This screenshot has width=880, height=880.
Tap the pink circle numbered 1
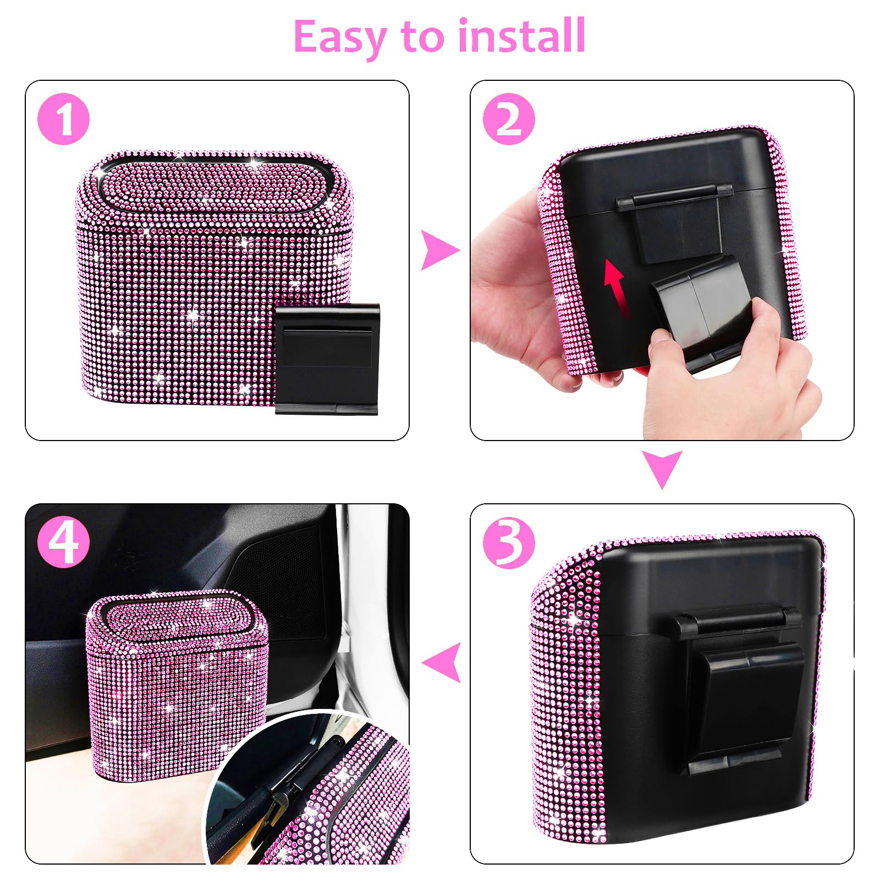[63, 119]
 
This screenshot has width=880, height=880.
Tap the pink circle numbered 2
[509, 119]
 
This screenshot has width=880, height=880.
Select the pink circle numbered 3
[509, 542]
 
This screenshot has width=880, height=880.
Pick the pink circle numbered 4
[63, 542]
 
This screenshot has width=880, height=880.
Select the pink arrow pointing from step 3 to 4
[442, 662]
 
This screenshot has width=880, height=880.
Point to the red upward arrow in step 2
[615, 286]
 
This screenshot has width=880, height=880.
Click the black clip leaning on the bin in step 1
[327, 358]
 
